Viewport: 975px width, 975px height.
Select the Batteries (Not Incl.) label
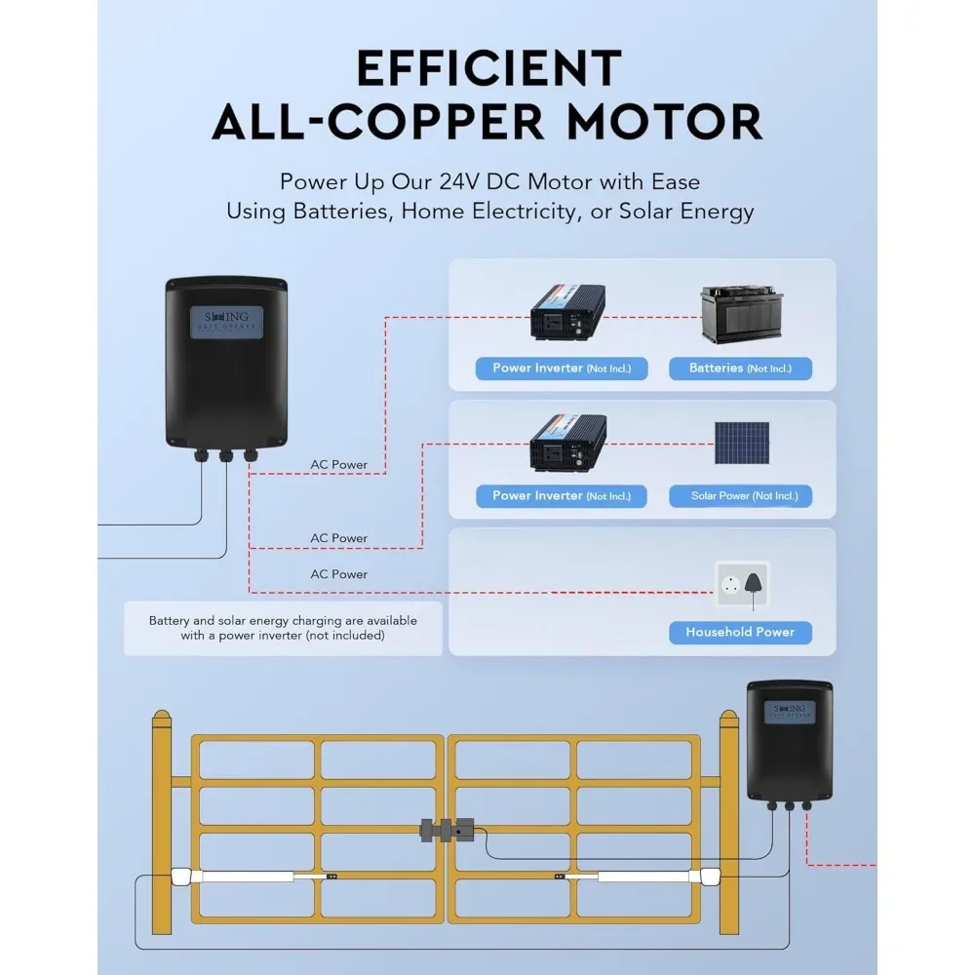pos(740,369)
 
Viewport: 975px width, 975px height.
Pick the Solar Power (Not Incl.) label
pos(740,496)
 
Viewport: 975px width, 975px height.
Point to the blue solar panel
pos(740,444)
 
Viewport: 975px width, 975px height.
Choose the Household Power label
pos(740,632)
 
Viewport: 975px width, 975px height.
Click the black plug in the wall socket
pos(754,583)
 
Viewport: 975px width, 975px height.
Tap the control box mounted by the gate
pos(789,741)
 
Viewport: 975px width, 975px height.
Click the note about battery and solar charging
pos(283,628)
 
